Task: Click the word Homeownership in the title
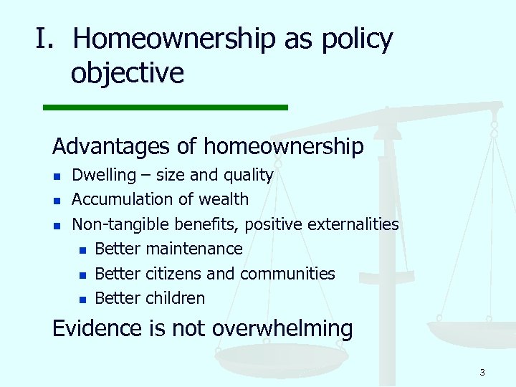pyautogui.click(x=174, y=39)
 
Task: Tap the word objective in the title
pyautogui.click(x=127, y=72)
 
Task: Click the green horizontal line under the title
pyautogui.click(x=165, y=107)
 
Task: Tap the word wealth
pyautogui.click(x=224, y=199)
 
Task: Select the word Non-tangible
pyautogui.click(x=119, y=224)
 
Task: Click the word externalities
pyautogui.click(x=353, y=224)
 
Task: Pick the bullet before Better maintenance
pyautogui.click(x=82, y=250)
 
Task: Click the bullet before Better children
pyautogui.click(x=82, y=300)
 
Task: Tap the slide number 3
pyautogui.click(x=482, y=372)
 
